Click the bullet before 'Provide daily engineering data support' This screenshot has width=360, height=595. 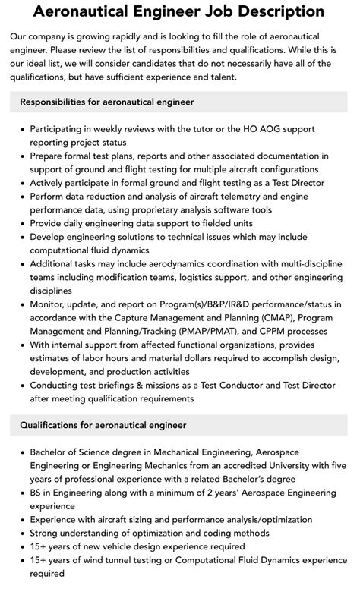pyautogui.click(x=21, y=223)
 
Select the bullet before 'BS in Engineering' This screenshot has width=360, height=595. pyautogui.click(x=21, y=493)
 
